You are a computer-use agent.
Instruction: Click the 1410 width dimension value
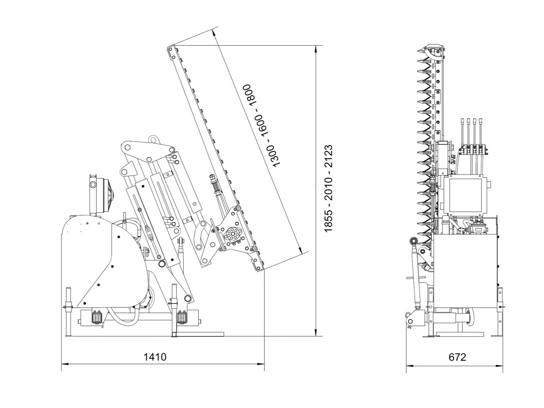pos(155,357)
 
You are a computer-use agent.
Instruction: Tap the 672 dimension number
pos(457,357)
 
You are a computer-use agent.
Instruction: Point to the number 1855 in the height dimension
pos(328,221)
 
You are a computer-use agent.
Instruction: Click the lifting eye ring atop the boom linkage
pos(153,140)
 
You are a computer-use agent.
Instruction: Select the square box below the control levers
pos(466,195)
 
